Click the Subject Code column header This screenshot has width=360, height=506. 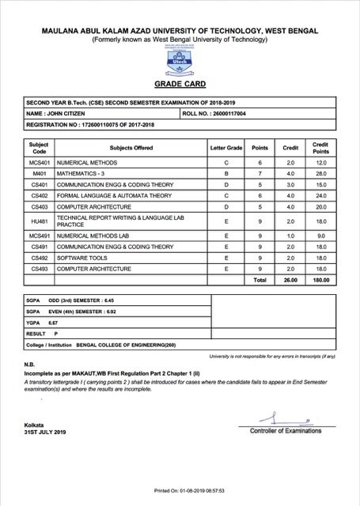coord(39,147)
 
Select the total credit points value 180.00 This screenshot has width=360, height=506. coord(320,280)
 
